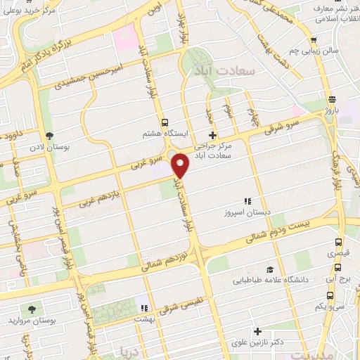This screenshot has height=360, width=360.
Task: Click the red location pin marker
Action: click(181, 165)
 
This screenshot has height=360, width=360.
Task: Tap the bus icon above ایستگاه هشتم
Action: click(165, 122)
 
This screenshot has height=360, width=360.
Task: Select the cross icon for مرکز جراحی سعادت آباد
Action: click(213, 135)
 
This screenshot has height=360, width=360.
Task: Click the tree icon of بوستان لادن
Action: click(49, 135)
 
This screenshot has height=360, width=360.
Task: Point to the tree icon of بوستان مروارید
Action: click(30, 309)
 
